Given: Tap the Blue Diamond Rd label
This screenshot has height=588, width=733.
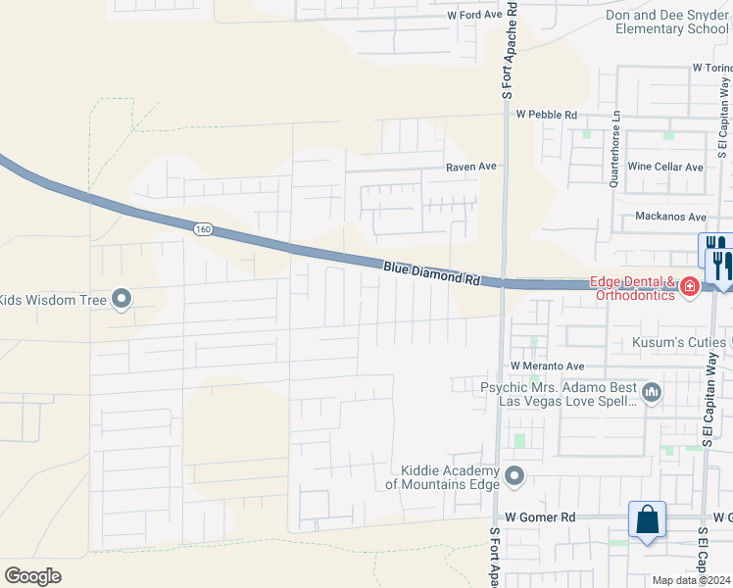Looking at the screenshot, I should [431, 272].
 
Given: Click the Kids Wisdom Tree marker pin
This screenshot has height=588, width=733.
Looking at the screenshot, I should [122, 299].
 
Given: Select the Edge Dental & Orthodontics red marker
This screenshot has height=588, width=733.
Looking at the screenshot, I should [690, 286].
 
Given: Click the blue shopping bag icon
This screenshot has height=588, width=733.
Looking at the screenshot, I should [648, 519].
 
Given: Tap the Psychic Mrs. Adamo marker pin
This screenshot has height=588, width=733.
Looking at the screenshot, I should [652, 394].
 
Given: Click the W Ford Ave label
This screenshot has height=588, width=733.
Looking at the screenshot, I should [474, 16].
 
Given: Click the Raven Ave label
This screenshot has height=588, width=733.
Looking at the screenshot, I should [471, 167].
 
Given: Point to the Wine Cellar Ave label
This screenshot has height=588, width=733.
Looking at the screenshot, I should [665, 167].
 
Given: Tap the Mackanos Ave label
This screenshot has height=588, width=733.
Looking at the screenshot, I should [670, 217].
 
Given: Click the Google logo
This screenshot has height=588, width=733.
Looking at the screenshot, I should [32, 576].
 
